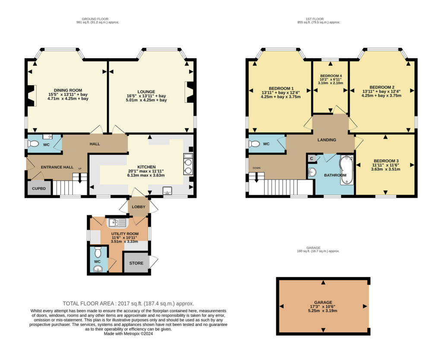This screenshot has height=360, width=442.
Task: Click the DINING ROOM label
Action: point(68,90)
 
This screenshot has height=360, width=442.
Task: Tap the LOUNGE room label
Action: point(146,92)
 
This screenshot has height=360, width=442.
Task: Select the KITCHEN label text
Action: point(147,167)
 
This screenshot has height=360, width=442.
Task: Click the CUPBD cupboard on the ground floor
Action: point(39,188)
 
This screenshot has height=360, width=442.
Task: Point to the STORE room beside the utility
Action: point(136,263)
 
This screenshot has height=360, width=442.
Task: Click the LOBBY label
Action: point(139,207)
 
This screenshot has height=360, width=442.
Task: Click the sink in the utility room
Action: point(117,223)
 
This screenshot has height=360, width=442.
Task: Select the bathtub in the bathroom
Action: point(347,170)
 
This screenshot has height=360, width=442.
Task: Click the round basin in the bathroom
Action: point(312,172)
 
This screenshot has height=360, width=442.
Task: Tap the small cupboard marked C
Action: point(312,158)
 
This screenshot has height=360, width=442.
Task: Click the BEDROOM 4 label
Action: point(331,76)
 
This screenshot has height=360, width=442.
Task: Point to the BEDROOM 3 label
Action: point(386,161)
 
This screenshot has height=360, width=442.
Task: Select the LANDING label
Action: point(327,140)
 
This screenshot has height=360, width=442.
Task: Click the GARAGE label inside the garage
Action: point(323,302)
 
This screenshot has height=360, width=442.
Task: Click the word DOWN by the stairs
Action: point(256,168)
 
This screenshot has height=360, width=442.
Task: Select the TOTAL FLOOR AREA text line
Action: point(128,303)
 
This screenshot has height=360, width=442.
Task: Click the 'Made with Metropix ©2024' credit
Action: point(128,334)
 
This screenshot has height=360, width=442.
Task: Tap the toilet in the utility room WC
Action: point(98,253)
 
